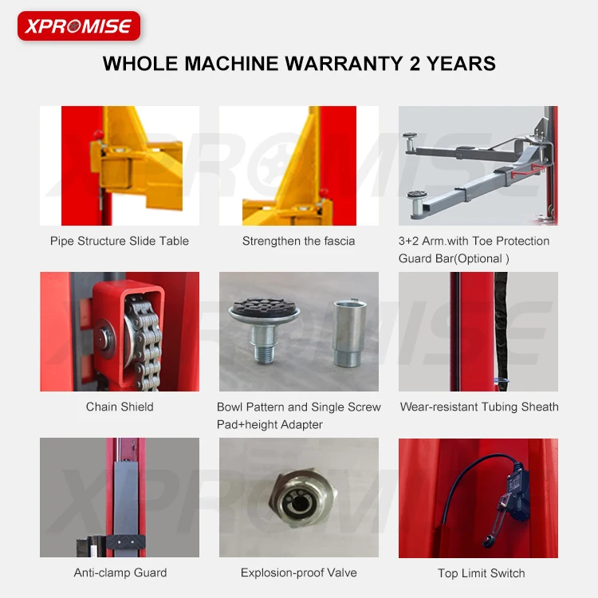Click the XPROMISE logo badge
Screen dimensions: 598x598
[78, 26]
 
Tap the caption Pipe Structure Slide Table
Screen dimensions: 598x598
[120, 241]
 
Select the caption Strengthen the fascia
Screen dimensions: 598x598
[299, 241]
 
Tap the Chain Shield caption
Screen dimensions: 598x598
[120, 407]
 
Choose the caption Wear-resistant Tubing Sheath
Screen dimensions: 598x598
[479, 407]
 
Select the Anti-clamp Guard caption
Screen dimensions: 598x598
[120, 572]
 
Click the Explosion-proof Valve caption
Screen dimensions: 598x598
[299, 572]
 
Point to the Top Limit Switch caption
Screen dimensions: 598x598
[482, 573]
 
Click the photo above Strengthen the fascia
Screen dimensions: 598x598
[299, 165]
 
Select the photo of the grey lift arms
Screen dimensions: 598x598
[478, 165]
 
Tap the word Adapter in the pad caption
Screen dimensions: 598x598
[297, 425]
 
